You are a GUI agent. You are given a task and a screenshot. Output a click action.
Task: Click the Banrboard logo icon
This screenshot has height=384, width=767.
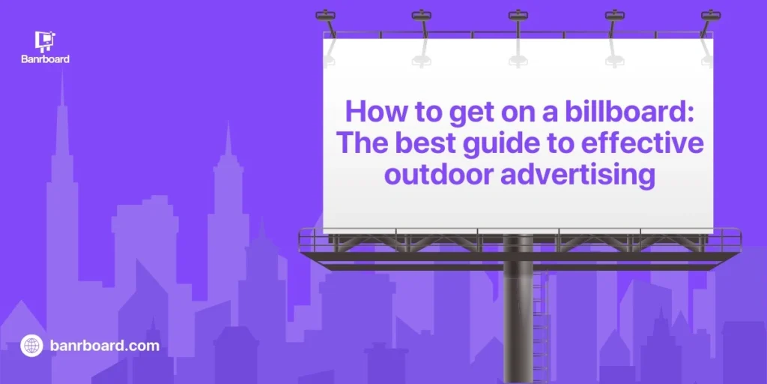point(45,42)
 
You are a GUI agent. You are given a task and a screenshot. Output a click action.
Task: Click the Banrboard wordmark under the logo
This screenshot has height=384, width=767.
point(45,59)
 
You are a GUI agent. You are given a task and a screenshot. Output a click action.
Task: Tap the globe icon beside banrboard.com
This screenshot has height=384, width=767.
point(31,346)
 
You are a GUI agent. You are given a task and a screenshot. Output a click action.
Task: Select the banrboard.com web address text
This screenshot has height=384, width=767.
point(105,346)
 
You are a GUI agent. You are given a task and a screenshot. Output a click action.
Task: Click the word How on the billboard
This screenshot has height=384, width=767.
point(370,112)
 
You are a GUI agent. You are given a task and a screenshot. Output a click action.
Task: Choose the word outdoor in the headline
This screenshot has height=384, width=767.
point(437,175)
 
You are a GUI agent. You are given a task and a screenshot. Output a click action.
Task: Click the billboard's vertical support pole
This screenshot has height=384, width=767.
point(518,313)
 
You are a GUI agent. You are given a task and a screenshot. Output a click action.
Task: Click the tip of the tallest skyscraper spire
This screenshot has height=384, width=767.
point(61,72)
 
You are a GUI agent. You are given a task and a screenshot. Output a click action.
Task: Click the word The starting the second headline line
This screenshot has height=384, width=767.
point(363,143)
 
